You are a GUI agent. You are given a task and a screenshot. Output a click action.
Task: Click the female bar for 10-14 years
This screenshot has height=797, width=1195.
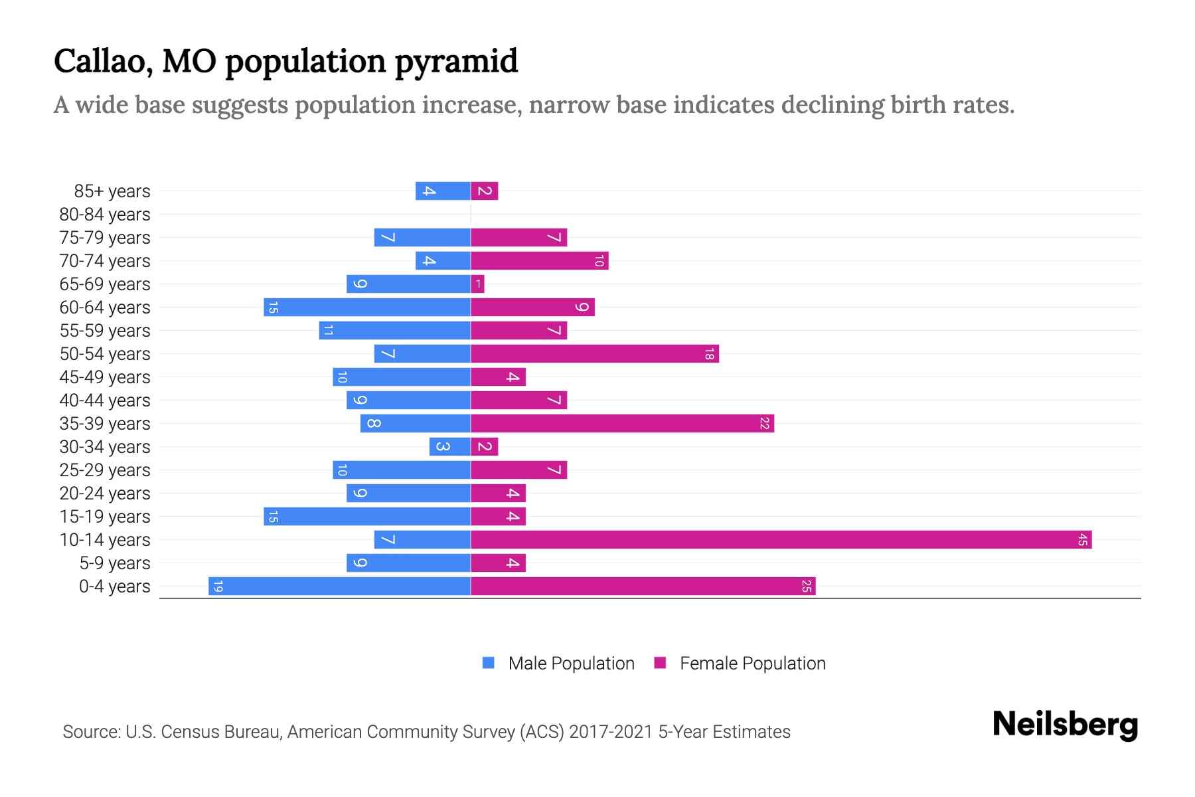coord(781,540)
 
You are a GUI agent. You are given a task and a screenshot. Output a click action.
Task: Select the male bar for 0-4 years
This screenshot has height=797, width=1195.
coord(339,586)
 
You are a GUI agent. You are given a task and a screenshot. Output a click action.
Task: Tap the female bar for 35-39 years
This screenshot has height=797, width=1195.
coord(622,424)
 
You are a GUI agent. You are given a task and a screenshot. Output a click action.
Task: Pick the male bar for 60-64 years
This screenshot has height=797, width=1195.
coord(367,308)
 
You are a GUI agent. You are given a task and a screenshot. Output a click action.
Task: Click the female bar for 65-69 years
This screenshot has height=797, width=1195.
coord(477,284)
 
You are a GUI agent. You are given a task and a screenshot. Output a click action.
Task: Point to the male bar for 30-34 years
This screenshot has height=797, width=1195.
coord(449,447)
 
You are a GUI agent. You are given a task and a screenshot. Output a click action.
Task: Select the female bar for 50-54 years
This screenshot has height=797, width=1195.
coord(595,354)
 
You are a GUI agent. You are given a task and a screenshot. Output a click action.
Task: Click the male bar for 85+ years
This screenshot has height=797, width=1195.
coord(443,191)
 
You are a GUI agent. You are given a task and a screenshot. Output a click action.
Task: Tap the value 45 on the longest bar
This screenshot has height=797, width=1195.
coord(1082,540)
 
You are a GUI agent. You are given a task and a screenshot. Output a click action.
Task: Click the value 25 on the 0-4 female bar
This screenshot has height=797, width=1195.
coord(806,586)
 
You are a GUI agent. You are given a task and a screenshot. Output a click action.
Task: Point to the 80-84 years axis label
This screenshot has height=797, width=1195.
coord(105,215)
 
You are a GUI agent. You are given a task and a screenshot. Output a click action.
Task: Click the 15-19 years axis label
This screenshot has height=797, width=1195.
coord(105,517)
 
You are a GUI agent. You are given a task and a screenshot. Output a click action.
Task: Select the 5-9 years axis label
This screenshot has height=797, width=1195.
coord(114,563)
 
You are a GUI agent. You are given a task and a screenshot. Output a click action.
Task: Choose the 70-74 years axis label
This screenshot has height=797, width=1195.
coord(105,261)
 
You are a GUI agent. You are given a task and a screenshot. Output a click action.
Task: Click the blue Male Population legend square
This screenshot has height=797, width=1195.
coord(489,663)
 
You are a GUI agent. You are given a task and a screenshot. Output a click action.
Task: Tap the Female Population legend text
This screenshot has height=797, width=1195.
coord(752,664)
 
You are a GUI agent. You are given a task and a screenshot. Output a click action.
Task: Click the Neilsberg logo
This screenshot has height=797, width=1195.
coord(1065,725)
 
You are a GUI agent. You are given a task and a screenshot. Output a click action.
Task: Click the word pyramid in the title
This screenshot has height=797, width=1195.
coord(457,61)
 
